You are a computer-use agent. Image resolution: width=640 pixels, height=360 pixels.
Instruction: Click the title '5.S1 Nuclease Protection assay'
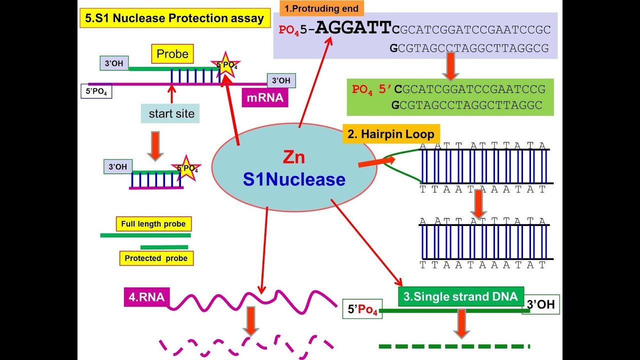click(x=174, y=19)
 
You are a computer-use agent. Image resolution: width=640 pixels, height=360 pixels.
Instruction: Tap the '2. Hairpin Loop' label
click(x=391, y=134)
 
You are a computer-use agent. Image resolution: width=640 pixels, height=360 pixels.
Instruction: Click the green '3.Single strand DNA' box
click(x=460, y=296)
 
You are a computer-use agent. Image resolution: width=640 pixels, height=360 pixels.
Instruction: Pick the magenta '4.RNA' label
click(x=144, y=297)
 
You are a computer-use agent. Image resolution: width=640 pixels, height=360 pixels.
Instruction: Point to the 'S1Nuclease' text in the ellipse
click(x=294, y=179)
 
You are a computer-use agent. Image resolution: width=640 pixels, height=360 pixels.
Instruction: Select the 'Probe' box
click(x=172, y=54)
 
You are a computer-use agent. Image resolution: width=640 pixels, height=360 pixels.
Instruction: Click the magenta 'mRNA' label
click(x=264, y=97)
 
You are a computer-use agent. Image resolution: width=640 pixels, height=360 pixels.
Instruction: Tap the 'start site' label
click(x=171, y=114)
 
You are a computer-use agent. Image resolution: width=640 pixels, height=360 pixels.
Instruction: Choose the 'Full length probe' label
click(x=153, y=224)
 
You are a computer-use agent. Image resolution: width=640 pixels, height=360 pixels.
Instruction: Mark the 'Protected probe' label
click(x=156, y=258)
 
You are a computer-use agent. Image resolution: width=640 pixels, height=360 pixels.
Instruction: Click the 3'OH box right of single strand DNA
click(x=541, y=304)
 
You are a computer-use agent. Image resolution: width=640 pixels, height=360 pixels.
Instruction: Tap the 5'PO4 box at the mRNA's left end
click(x=96, y=91)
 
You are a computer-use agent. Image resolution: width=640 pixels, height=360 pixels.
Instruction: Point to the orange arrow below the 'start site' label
click(x=155, y=145)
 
